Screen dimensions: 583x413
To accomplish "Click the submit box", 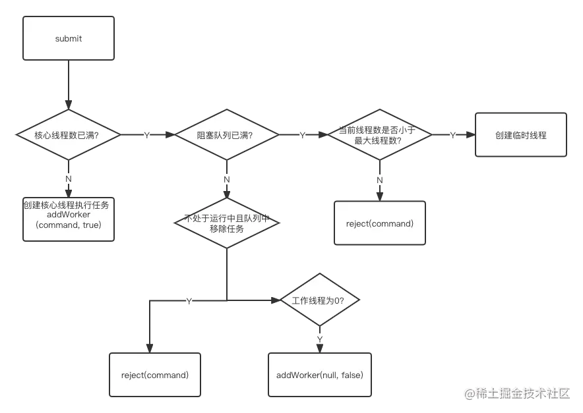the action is [69, 39].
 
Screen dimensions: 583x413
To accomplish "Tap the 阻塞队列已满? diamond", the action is [227, 135].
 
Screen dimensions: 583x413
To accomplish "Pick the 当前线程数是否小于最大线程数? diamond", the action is [380, 134].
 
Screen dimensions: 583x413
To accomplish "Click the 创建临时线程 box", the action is [521, 135].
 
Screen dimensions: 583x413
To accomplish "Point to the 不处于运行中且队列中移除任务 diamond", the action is [227, 223].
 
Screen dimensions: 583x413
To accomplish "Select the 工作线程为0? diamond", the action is [321, 300].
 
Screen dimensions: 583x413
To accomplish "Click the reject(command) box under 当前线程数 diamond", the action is [380, 223].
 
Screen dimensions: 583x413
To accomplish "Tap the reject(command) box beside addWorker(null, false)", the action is [155, 375].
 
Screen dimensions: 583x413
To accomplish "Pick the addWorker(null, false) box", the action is [320, 375].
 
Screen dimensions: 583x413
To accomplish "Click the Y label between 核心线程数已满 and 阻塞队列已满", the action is [147, 135].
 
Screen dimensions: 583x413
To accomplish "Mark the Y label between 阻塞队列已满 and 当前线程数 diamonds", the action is [302, 135].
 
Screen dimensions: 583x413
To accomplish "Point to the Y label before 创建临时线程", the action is [454, 135].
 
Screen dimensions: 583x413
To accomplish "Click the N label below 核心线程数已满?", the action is [69, 178].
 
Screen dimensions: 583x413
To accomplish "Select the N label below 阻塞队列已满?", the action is [227, 179].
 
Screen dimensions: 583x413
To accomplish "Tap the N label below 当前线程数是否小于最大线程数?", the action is [380, 179].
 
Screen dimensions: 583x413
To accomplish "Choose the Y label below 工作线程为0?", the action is [321, 338].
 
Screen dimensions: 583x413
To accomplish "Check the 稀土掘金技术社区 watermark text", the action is [516, 393].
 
